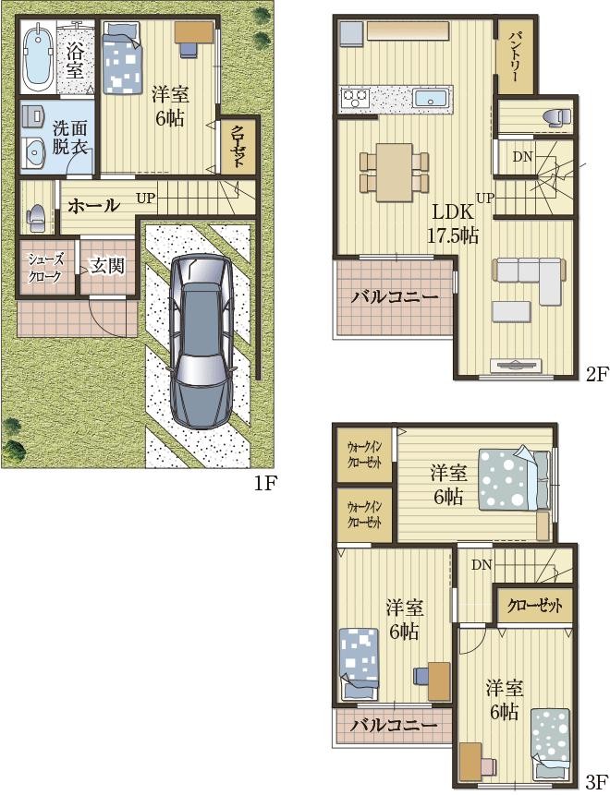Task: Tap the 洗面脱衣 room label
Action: tap(70, 138)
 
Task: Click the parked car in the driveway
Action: tap(202, 341)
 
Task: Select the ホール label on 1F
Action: tap(94, 206)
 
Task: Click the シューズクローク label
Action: tap(45, 268)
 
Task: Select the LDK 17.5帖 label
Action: tap(452, 223)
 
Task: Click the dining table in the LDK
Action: tap(395, 172)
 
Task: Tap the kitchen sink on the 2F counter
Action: tap(431, 97)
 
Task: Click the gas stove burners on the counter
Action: tap(354, 96)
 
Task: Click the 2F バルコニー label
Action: tap(395, 297)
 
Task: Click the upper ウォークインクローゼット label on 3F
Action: tap(364, 455)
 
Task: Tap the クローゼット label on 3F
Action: tap(535, 606)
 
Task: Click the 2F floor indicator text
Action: tap(597, 375)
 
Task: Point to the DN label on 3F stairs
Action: tap(482, 565)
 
